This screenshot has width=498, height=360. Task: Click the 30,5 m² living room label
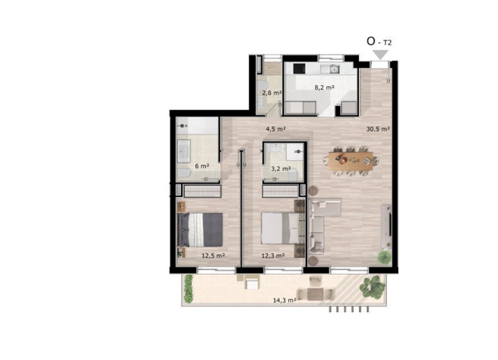click(378, 129)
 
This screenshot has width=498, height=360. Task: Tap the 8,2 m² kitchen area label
click(324, 87)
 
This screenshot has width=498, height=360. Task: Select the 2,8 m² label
click(272, 93)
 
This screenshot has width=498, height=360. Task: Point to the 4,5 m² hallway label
click(276, 129)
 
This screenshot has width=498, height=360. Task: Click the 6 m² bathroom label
click(202, 166)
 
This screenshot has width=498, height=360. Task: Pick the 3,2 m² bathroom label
click(281, 169)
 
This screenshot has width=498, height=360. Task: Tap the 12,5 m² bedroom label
click(214, 255)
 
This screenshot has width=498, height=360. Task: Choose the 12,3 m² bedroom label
click(273, 255)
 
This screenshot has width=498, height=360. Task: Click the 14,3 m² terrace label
click(285, 300)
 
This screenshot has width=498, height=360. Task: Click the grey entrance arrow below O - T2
click(380, 54)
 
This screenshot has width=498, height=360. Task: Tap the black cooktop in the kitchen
click(299, 68)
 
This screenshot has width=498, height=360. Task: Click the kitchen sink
click(335, 68)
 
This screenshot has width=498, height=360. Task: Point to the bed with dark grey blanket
click(200, 230)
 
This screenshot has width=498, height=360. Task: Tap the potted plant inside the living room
click(384, 256)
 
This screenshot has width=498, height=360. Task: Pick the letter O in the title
click(371, 41)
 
